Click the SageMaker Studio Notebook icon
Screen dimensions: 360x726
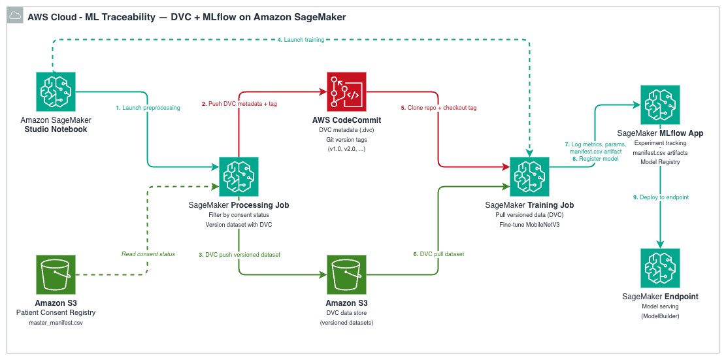tap(56, 92)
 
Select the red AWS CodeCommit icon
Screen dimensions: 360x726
tap(346, 92)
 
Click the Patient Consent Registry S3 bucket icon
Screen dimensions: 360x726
tap(56, 274)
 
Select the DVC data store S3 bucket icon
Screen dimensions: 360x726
tap(346, 274)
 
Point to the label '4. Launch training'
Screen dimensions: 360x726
tap(301, 41)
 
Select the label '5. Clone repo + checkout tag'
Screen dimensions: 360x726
tap(438, 107)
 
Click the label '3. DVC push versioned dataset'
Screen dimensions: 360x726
tap(239, 254)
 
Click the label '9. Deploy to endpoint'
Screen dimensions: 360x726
tap(661, 197)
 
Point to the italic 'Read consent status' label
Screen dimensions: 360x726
tap(148, 254)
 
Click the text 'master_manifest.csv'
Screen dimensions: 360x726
tap(56, 323)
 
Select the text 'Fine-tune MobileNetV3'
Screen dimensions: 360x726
tap(529, 224)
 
